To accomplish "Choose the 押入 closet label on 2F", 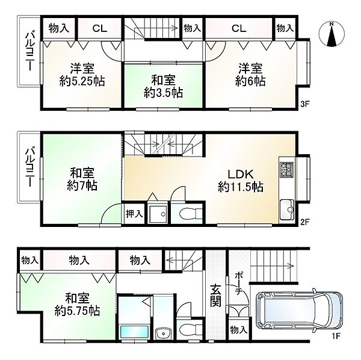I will [x=134, y=212].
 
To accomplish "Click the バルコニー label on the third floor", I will [x=28, y=60].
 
